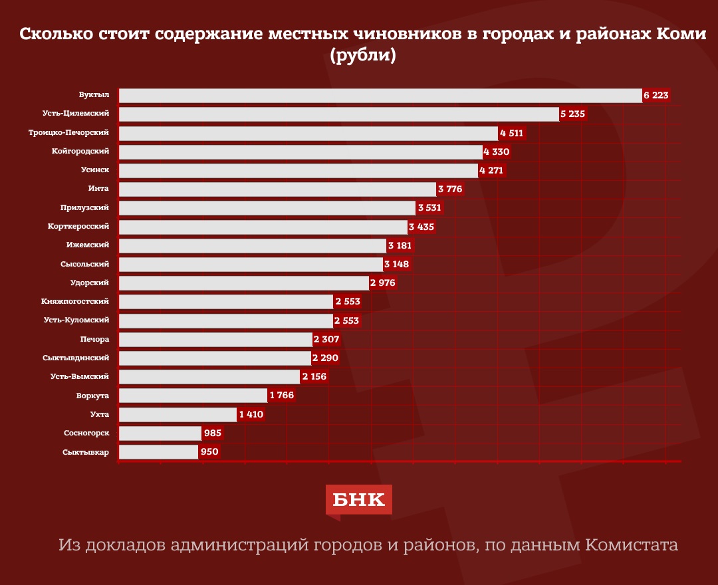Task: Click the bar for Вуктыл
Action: tap(380, 96)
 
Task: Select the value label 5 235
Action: tap(572, 114)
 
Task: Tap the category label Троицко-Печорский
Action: tap(68, 133)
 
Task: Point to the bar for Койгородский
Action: tap(300, 152)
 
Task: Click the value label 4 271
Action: tap(493, 171)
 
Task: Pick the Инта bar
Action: tap(277, 189)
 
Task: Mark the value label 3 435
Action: tap(421, 227)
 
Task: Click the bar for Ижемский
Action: tap(253, 246)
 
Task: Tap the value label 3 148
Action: tap(397, 265)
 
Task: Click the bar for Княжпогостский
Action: tap(226, 302)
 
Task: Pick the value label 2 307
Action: tap(326, 340)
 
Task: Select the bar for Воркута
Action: tap(193, 396)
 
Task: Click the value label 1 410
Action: tap(251, 415)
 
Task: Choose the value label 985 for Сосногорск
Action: tap(212, 433)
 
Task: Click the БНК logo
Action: tap(358, 499)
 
